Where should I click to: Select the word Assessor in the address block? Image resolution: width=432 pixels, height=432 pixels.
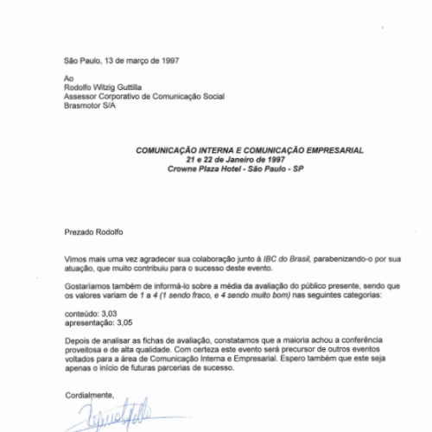point(83,96)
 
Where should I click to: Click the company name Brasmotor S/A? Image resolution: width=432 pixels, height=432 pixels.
point(93,105)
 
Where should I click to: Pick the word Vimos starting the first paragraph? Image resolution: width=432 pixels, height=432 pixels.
point(76,258)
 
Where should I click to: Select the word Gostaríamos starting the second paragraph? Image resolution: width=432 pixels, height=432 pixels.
point(90,284)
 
